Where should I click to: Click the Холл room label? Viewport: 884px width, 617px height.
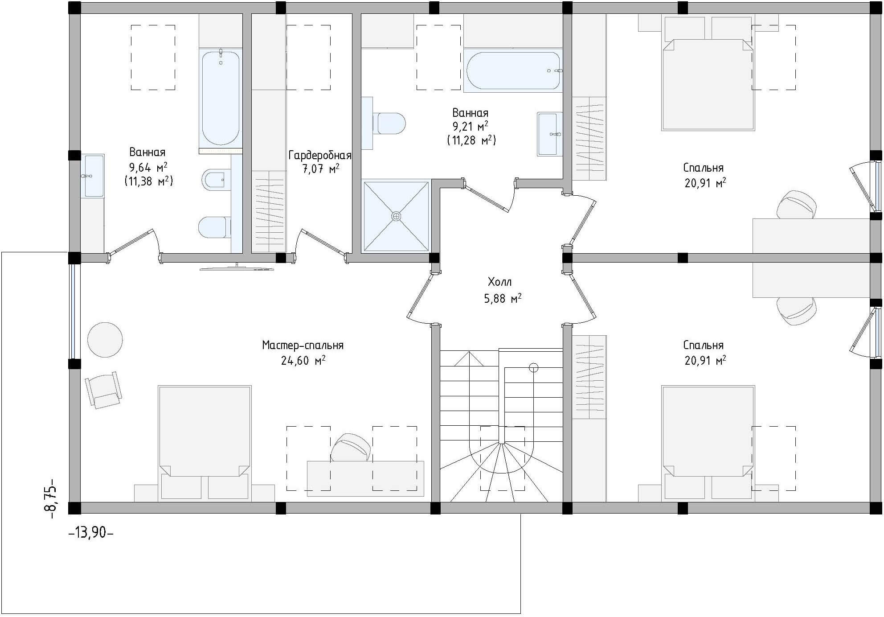coord(499,282)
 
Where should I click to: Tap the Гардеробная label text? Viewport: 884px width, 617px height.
coord(320,156)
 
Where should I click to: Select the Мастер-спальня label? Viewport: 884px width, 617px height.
coord(303,346)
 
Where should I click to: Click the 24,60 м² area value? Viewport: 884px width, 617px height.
coord(303,360)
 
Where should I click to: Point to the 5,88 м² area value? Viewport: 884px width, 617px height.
coord(503,298)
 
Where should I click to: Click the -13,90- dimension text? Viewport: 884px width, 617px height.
coord(91,532)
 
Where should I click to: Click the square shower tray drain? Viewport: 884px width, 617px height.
coord(396,217)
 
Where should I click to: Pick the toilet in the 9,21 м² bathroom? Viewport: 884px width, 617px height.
coord(389,123)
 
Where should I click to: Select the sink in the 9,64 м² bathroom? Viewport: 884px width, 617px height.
coord(93,176)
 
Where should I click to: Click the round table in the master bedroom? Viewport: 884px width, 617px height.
coord(105,340)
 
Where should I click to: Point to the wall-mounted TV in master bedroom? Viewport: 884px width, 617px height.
coord(237,268)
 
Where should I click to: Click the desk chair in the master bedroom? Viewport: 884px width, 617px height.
coord(350,448)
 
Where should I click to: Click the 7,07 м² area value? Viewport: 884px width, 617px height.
coord(320,169)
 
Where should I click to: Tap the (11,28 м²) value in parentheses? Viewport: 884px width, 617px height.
coord(471,140)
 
